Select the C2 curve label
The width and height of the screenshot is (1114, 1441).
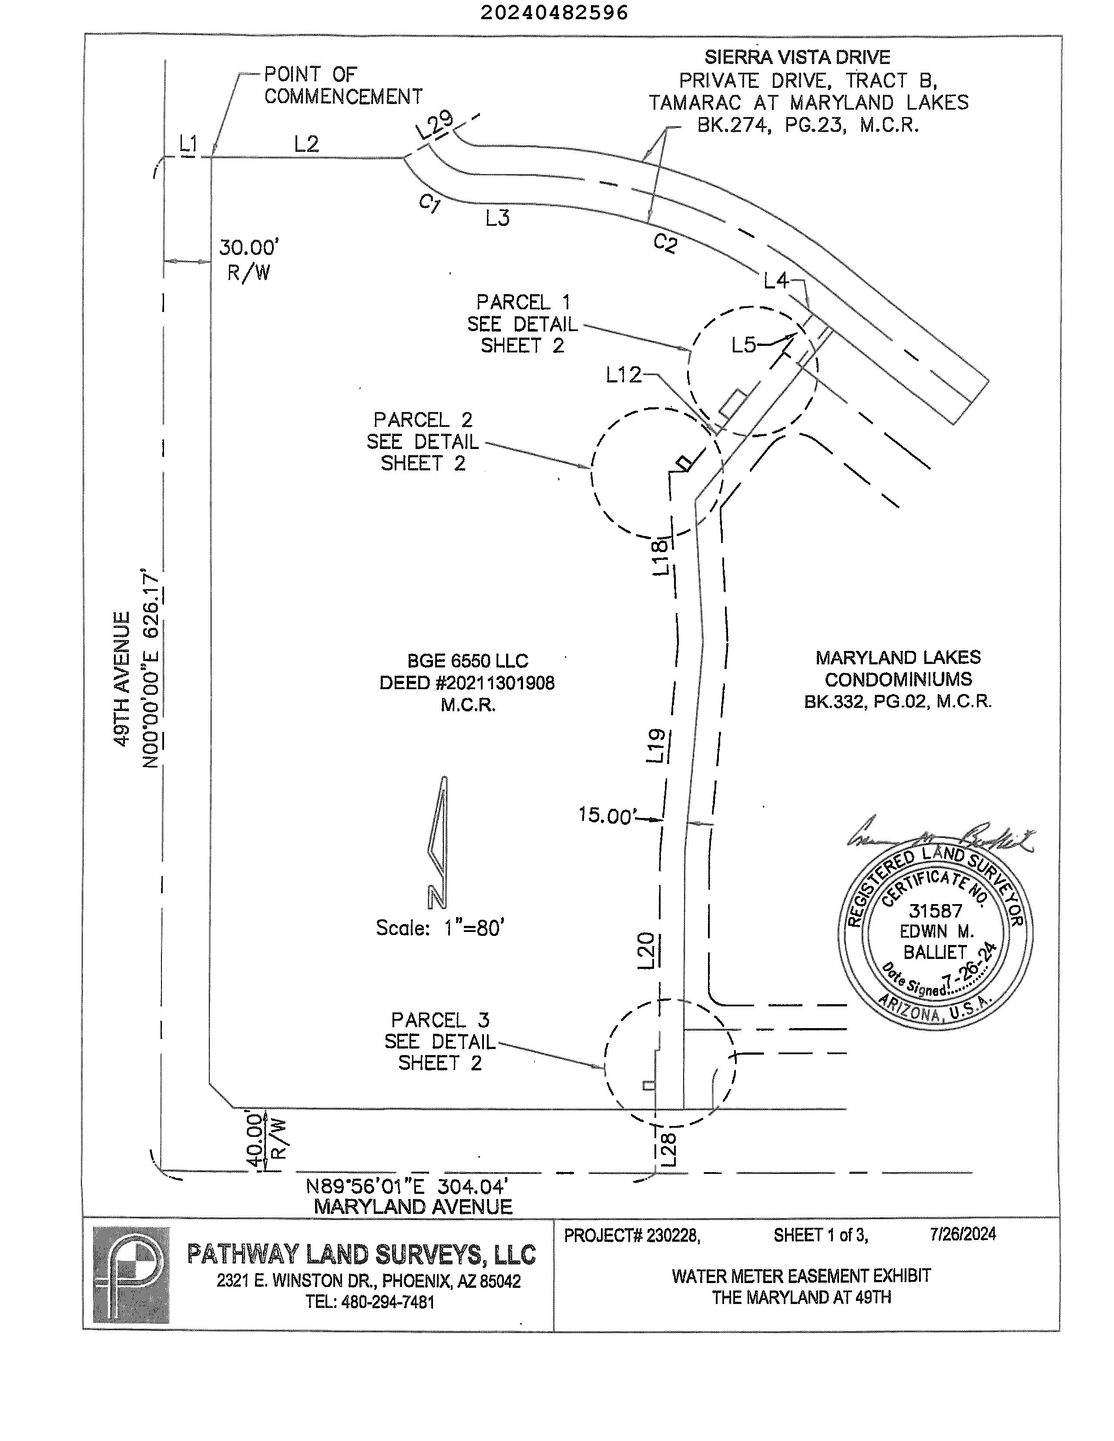[665, 244]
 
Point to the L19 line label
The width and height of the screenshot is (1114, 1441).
[657, 746]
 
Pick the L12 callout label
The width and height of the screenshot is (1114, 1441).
[624, 375]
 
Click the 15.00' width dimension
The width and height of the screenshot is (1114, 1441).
[605, 815]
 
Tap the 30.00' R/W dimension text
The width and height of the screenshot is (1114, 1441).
[249, 259]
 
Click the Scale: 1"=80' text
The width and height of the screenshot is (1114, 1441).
[440, 928]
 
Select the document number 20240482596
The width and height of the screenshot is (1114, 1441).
[554, 13]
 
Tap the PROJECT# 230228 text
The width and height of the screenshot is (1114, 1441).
[631, 1235]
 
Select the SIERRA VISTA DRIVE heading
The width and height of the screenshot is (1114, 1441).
[797, 57]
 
